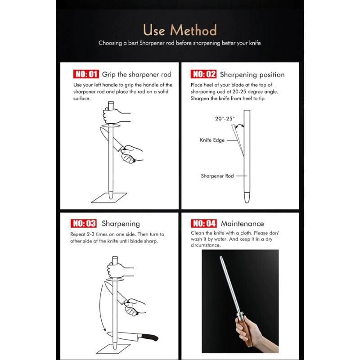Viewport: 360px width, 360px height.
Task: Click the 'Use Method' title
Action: click(x=180, y=30)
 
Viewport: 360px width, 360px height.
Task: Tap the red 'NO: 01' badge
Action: click(x=85, y=74)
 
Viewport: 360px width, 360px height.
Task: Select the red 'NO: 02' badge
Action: click(x=204, y=74)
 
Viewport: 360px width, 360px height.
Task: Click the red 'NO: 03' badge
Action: click(x=84, y=223)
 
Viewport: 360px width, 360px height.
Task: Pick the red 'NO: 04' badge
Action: click(x=204, y=223)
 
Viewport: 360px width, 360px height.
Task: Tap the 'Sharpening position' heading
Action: click(x=252, y=74)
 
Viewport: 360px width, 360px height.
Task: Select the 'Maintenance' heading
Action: click(x=242, y=223)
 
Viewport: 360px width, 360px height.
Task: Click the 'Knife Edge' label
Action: click(x=212, y=140)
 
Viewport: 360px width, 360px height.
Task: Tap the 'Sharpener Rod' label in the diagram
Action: click(x=217, y=176)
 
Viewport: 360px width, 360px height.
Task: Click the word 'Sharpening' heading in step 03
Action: click(x=121, y=223)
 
